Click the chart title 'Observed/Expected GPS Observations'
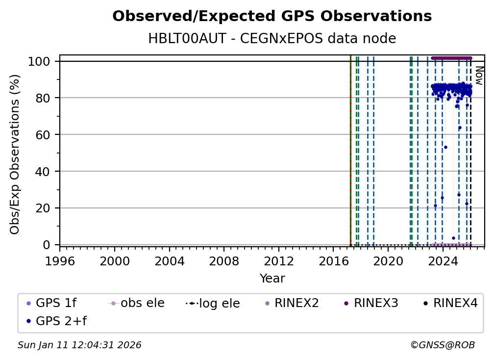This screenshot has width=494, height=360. pos(272,17)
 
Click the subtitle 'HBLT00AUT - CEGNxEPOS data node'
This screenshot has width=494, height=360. pos(272,39)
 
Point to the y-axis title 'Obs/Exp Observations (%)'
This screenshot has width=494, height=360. pos(15,154)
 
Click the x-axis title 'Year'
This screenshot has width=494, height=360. pos(272,279)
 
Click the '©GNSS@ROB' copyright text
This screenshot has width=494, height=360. pos(442,345)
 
